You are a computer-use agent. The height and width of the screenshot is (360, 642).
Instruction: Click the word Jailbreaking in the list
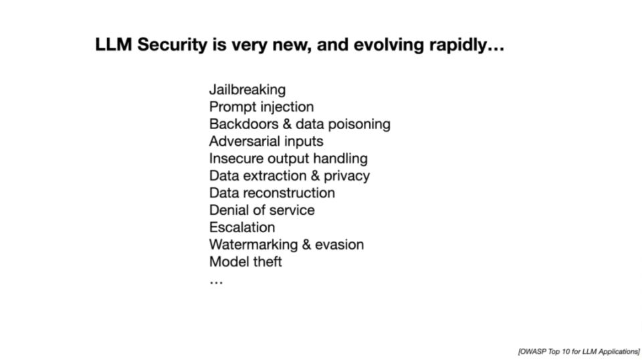247,90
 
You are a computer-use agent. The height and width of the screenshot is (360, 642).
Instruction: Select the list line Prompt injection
261,107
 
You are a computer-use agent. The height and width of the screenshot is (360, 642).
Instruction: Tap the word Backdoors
243,124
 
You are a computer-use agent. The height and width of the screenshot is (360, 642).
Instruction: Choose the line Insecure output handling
288,159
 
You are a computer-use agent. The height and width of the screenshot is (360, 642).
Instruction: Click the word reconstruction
295,193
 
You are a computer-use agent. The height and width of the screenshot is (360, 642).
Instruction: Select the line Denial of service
261,210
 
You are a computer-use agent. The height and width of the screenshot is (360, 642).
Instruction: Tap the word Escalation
242,228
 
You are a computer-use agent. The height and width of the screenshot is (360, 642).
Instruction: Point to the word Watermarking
253,245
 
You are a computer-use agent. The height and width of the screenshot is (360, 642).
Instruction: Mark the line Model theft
245,262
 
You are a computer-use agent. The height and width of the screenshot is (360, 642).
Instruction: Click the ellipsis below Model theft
216,282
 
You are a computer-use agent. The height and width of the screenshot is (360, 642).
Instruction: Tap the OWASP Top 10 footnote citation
578,351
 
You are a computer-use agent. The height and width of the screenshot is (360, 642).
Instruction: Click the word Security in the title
173,45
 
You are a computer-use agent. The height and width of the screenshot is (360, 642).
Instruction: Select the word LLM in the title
114,45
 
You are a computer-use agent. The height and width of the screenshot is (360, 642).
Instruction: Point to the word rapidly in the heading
457,45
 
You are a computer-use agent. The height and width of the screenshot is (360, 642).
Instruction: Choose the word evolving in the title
389,45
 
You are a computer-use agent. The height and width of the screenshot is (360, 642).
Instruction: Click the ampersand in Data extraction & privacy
315,176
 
